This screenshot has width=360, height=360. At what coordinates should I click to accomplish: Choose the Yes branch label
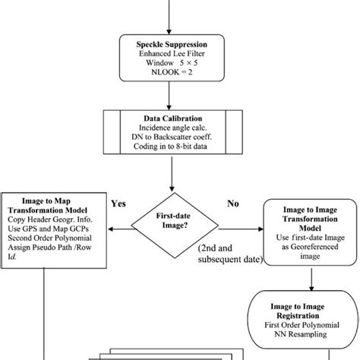[x=118, y=204]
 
